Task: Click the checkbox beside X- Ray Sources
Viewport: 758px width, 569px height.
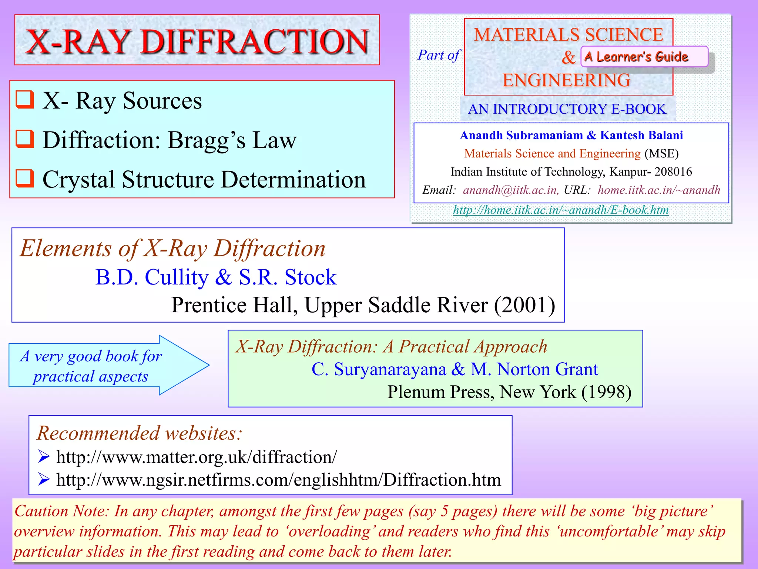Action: point(25,100)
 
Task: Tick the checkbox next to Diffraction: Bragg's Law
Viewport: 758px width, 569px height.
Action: point(25,139)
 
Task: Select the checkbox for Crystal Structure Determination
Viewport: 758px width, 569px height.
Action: point(25,179)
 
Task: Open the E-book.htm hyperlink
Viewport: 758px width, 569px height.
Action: point(561,210)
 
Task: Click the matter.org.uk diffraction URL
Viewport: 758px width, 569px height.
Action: point(197,457)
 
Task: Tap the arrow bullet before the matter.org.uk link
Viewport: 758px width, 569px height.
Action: point(44,457)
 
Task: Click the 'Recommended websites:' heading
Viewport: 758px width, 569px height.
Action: point(140,433)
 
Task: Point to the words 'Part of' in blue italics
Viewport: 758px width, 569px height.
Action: point(439,56)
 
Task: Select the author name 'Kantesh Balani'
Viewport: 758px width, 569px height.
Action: point(641,135)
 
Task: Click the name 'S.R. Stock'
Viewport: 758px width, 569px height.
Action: point(288,277)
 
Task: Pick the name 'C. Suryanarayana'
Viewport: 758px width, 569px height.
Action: point(379,369)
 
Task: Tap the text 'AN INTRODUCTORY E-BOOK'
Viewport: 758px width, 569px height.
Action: point(567,109)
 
